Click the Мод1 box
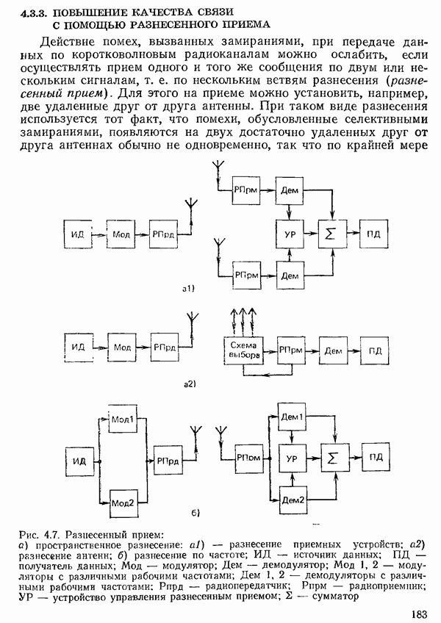coord(121,420)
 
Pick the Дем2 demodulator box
coord(293,499)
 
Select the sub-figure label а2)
coord(188,383)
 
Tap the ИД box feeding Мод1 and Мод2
coord(79,461)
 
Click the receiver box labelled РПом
coord(248,457)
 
